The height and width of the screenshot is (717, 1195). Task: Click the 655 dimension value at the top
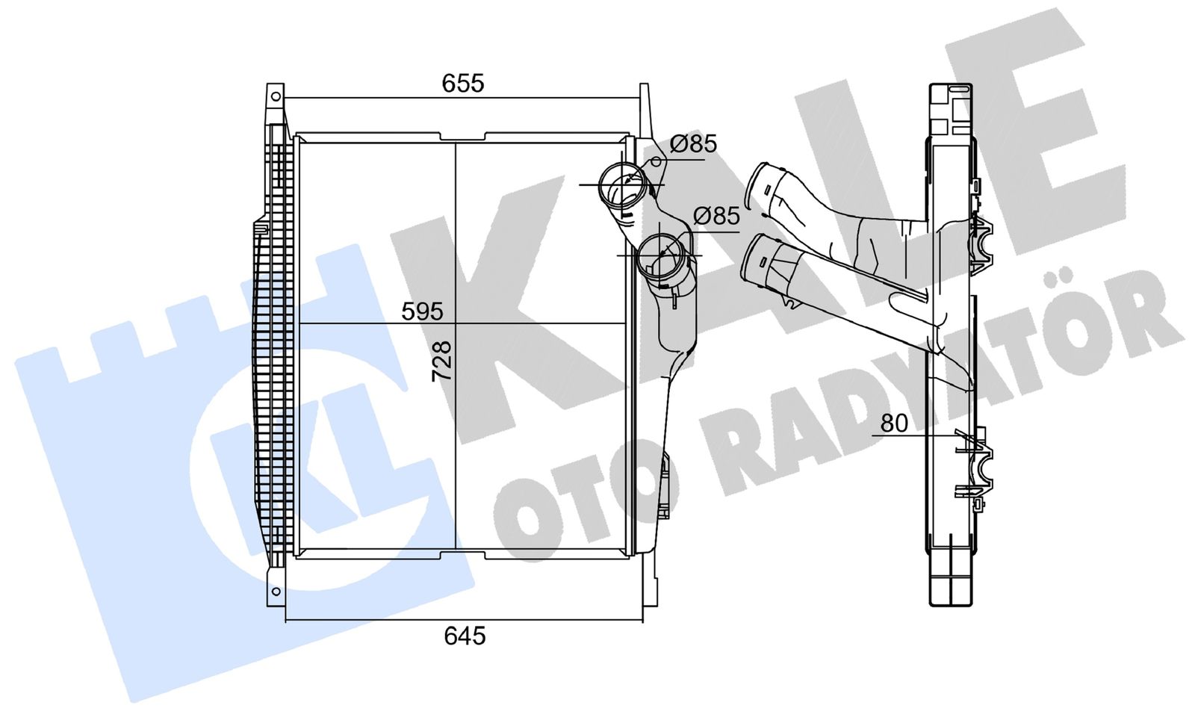coord(462,83)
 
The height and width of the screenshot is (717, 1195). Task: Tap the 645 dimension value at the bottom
coord(465,636)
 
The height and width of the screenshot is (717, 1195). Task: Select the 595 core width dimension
coord(422,311)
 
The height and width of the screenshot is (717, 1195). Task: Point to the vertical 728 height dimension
coord(441,361)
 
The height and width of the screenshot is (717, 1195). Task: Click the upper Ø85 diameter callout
coord(694,144)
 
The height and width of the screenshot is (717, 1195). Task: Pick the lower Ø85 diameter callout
coord(716,216)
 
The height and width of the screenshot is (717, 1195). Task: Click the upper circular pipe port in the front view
coord(623,186)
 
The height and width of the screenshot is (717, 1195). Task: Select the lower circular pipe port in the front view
coord(660,258)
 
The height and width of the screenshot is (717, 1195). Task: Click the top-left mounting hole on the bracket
coord(276,96)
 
